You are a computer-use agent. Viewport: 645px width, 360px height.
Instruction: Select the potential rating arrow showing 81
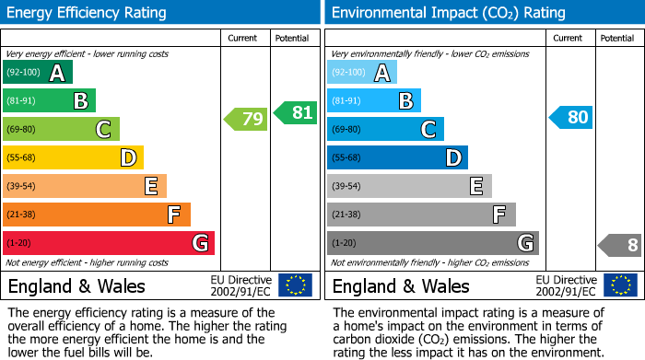coord(296,113)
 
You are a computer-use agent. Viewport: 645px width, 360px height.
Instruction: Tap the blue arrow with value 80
coord(570,118)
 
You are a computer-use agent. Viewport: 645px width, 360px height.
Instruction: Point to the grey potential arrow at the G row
coord(620,245)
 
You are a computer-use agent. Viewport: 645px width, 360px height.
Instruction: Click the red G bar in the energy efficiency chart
coord(108,243)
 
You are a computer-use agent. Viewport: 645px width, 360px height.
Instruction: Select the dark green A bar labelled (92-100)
coord(37,73)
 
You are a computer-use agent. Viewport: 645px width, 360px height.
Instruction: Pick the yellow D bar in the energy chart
coord(73,157)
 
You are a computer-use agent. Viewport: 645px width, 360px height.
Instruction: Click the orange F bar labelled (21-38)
coord(96,215)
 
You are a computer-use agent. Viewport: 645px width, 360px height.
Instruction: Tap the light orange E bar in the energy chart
coord(84,186)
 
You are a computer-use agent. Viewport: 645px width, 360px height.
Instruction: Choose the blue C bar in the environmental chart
coord(385,129)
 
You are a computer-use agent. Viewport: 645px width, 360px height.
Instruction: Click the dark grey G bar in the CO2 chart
coord(432,243)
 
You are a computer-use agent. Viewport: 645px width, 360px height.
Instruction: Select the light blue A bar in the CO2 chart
coord(361,73)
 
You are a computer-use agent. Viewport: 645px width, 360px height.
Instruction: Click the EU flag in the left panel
coord(295,285)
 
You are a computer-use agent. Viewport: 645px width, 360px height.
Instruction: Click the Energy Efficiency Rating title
coord(88,13)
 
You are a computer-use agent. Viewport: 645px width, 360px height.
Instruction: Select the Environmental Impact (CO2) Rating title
coord(448,13)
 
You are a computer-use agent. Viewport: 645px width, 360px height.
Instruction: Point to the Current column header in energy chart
coord(244,38)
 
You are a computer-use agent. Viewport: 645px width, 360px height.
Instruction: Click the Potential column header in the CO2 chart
coord(617,38)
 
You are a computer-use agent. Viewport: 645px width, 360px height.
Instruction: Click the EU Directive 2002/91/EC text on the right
coord(567,285)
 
